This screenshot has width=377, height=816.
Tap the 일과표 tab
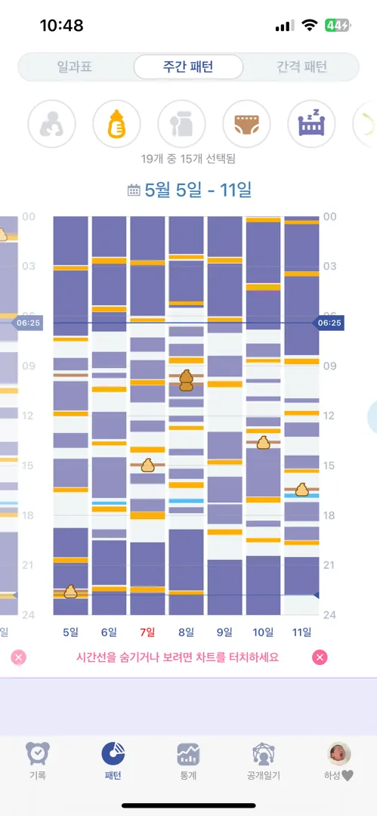tap(75, 66)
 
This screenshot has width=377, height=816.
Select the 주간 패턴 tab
tap(188, 66)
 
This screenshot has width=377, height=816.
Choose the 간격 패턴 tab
tap(301, 66)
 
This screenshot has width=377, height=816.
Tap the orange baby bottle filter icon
tap(116, 124)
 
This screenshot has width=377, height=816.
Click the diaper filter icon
tap(246, 124)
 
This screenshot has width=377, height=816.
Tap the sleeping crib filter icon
tap(311, 124)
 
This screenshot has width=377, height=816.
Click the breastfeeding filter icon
tap(51, 124)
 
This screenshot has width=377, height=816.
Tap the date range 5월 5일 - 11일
tap(198, 190)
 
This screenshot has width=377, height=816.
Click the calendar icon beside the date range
tap(134, 190)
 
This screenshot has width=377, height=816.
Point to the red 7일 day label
tap(147, 633)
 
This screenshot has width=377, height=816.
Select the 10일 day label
tap(263, 633)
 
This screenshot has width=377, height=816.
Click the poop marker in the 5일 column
tap(70, 591)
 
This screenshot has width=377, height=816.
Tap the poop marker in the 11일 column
tap(302, 489)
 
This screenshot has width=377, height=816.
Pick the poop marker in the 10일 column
tap(264, 442)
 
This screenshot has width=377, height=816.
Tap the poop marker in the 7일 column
tap(148, 465)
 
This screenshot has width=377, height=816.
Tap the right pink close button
tap(320, 657)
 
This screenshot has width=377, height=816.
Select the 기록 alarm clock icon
tap(38, 753)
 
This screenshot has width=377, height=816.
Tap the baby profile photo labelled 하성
tap(339, 753)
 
